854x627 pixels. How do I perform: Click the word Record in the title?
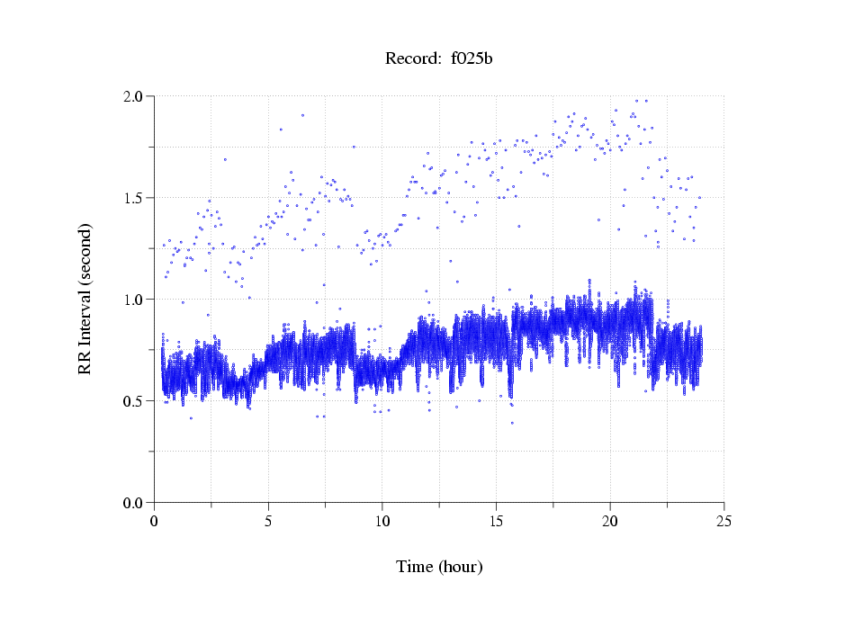[409, 59]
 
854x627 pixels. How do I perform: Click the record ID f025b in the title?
[472, 59]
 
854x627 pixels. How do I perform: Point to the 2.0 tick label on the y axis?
[136, 96]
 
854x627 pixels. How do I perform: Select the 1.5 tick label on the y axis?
[136, 198]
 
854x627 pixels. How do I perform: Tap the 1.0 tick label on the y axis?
[136, 300]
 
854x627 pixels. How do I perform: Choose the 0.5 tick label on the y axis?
[136, 401]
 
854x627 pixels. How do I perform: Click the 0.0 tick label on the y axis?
[136, 503]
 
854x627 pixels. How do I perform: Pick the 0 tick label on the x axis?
[155, 521]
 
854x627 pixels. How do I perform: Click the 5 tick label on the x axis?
[268, 521]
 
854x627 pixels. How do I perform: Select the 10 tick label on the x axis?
[382, 521]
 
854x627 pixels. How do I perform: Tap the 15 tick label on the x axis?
[497, 521]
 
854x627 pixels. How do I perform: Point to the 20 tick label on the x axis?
[610, 521]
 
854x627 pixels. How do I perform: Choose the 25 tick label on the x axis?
[724, 521]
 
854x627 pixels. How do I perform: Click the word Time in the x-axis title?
[414, 567]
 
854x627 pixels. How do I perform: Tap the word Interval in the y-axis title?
[85, 311]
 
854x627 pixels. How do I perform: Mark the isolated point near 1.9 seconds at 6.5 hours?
[302, 115]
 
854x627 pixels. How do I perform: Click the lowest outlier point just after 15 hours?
[512, 423]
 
